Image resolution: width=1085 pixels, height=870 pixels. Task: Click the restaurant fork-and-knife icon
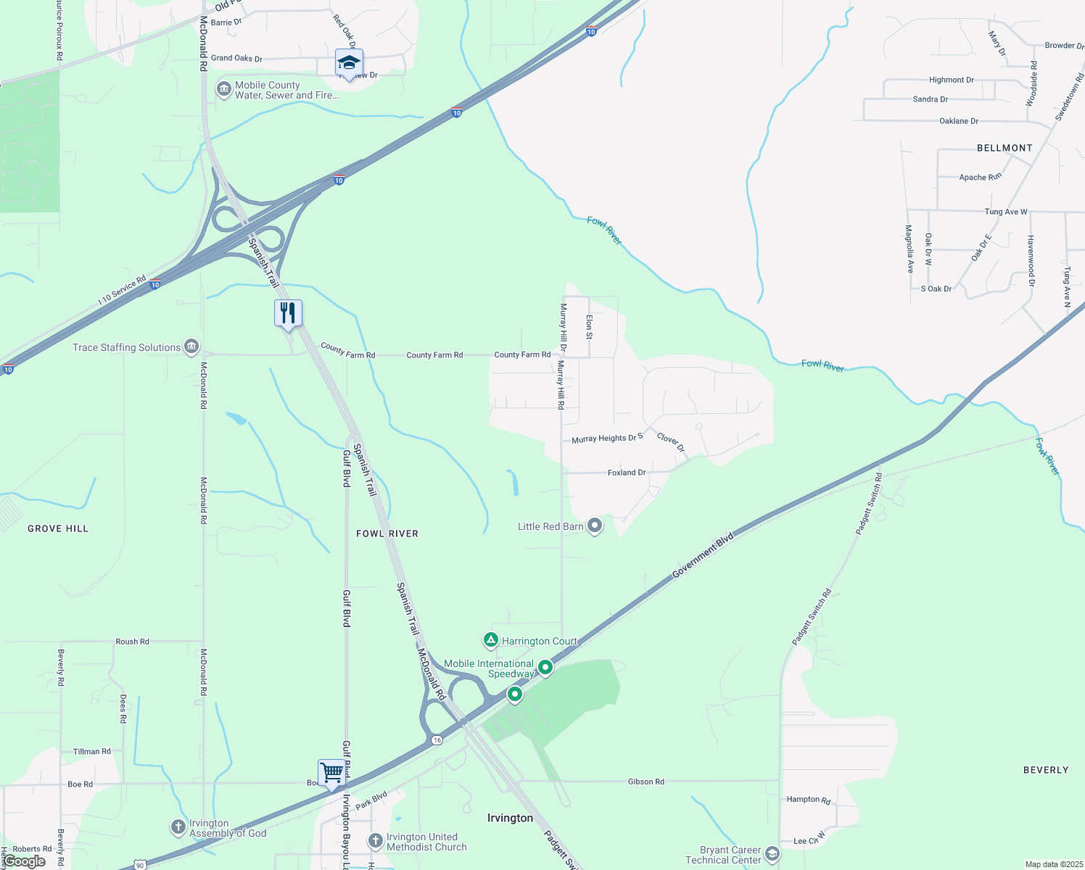[288, 313]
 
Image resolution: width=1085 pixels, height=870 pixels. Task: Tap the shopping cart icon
[331, 773]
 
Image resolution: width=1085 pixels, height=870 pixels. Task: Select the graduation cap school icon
[349, 62]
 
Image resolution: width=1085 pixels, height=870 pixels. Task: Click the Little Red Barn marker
[595, 526]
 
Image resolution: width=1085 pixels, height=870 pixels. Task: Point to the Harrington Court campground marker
[491, 640]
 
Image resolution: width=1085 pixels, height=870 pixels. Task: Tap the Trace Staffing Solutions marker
[191, 347]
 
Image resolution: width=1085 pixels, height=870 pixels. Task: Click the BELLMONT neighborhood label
[1004, 148]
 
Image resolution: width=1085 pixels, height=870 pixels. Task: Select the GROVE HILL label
[58, 529]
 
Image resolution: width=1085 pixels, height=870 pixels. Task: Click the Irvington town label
[510, 818]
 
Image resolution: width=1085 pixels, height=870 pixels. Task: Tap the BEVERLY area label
[1046, 770]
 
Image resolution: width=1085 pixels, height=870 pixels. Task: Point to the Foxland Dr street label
[627, 473]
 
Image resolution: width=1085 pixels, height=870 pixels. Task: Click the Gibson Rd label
[645, 782]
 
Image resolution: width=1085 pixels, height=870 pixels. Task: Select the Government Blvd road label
[703, 555]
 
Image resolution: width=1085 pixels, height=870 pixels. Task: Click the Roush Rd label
[132, 642]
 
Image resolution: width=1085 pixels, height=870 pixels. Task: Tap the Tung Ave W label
[1006, 212]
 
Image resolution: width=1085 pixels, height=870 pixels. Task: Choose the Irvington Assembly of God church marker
[178, 826]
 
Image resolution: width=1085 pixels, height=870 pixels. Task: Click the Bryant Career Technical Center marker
[772, 854]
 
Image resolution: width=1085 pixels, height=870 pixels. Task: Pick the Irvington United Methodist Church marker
[375, 841]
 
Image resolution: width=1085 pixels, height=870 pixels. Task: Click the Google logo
[25, 861]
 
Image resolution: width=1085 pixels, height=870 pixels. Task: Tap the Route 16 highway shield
[437, 740]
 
